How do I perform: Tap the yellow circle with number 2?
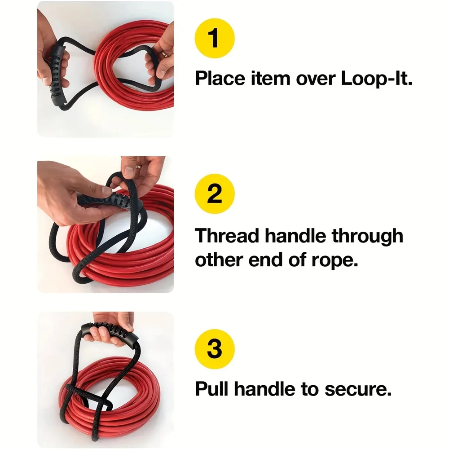click(214, 194)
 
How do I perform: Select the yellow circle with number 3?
click(214, 349)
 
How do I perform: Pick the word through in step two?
click(368, 236)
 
